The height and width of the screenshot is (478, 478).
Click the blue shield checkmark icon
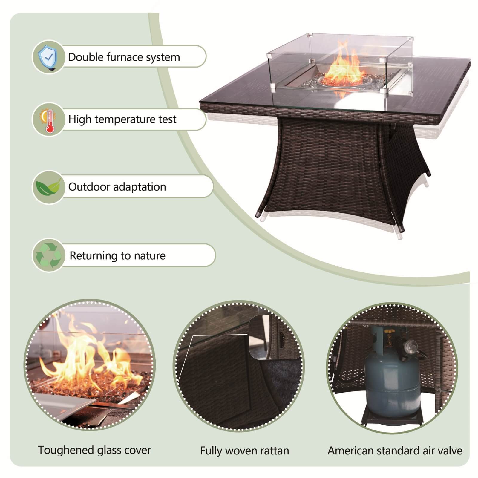point(48,57)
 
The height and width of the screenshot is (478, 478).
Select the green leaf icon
point(48,187)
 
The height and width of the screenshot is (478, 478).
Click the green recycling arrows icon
point(48,255)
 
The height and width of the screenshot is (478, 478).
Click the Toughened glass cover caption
point(94,450)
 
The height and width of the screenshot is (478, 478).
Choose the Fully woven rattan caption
point(244,451)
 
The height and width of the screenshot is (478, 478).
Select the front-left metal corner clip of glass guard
point(273,87)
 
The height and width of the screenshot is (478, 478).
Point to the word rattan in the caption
point(273,451)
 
